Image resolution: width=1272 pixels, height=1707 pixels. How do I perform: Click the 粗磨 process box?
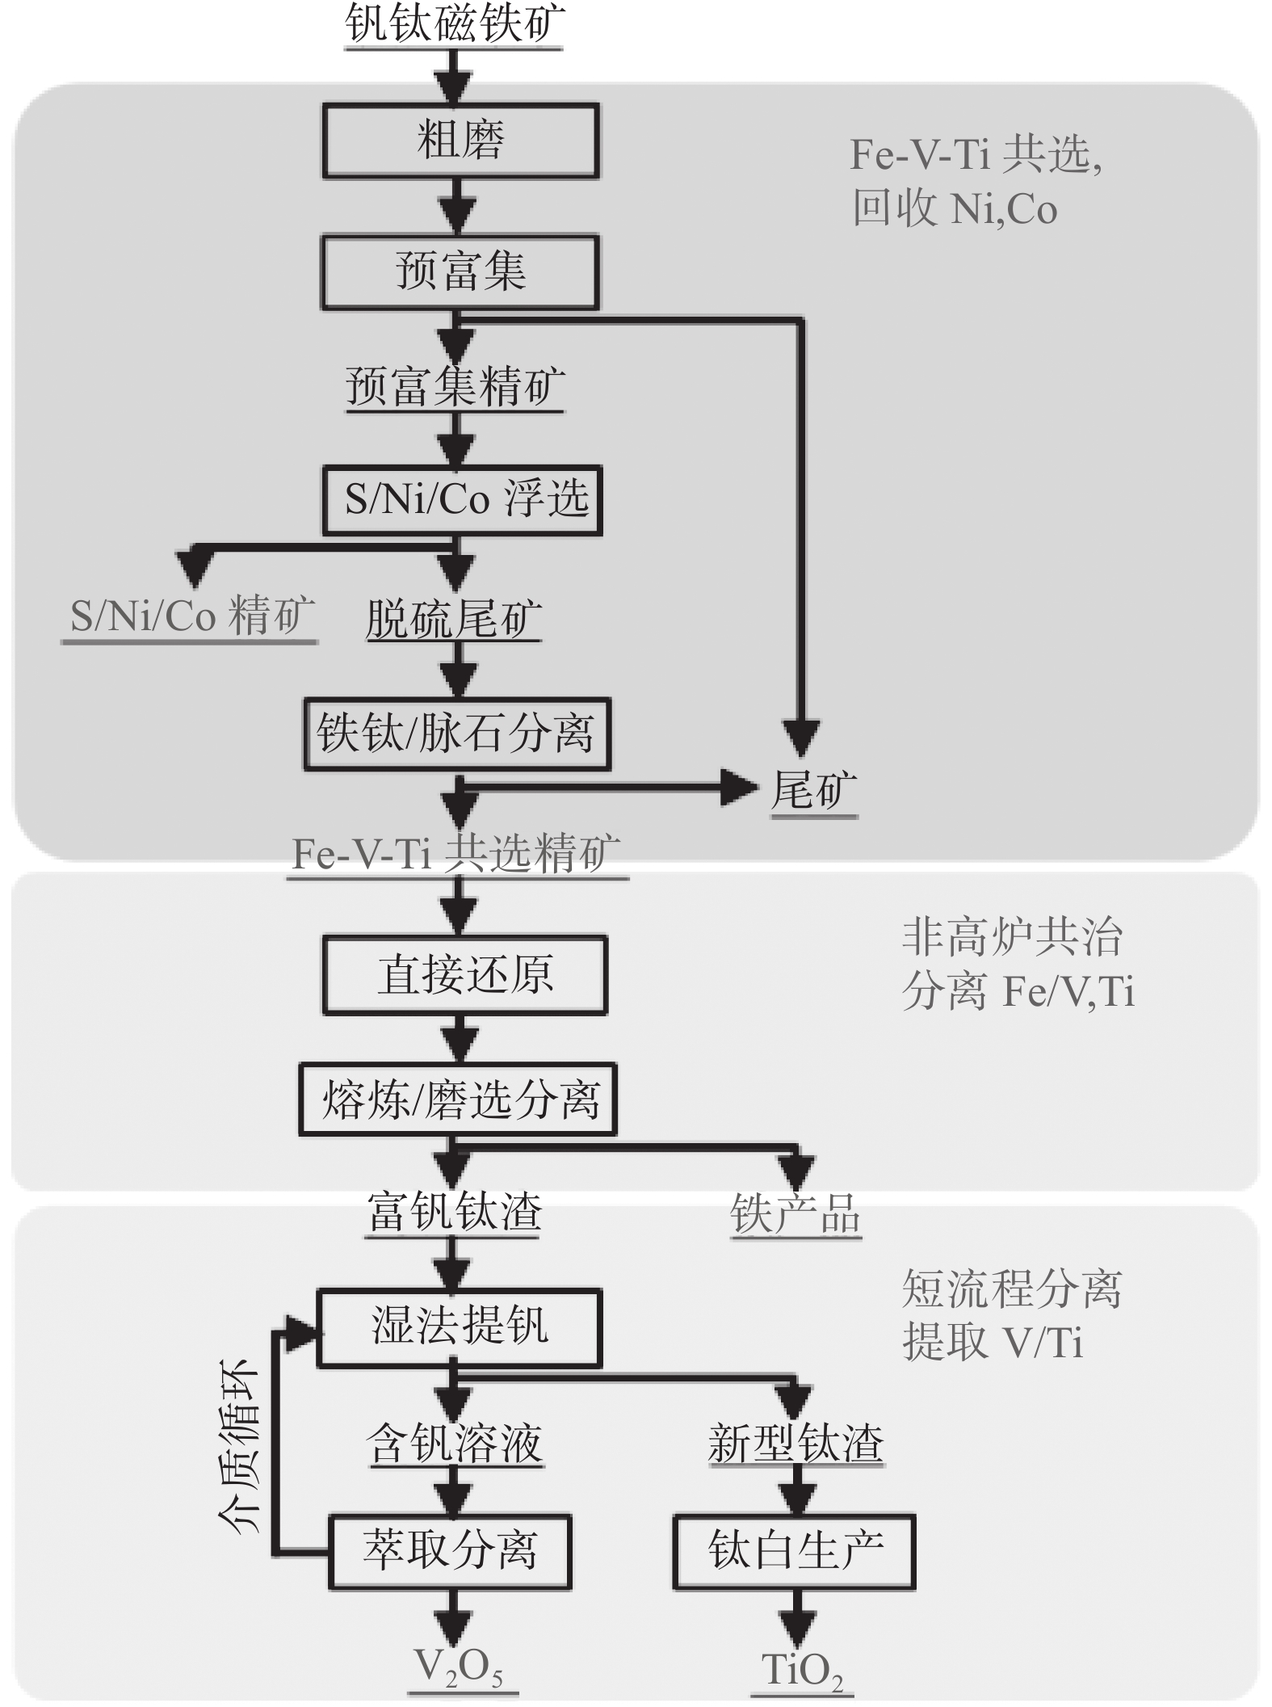[460, 140]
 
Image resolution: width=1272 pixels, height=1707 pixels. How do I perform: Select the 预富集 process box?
[460, 271]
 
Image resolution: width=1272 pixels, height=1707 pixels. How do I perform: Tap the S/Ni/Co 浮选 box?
[463, 499]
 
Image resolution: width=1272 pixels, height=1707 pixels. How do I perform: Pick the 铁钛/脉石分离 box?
[457, 734]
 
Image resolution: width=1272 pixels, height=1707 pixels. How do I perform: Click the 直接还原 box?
[464, 974]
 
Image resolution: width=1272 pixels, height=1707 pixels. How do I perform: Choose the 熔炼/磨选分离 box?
[458, 1099]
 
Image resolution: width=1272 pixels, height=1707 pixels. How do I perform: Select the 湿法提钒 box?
[459, 1327]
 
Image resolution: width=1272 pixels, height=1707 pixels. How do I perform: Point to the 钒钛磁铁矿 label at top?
[454, 24]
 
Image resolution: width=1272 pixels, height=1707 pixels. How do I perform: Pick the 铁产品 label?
[796, 1214]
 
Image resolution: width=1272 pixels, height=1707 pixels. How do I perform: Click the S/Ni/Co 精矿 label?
[191, 616]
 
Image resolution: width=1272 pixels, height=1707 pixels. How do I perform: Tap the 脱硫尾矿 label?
[453, 620]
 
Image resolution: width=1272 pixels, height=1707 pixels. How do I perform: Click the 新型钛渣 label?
[796, 1444]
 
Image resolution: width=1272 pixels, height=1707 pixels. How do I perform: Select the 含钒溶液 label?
[454, 1444]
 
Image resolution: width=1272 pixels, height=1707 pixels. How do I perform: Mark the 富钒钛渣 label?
[454, 1212]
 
